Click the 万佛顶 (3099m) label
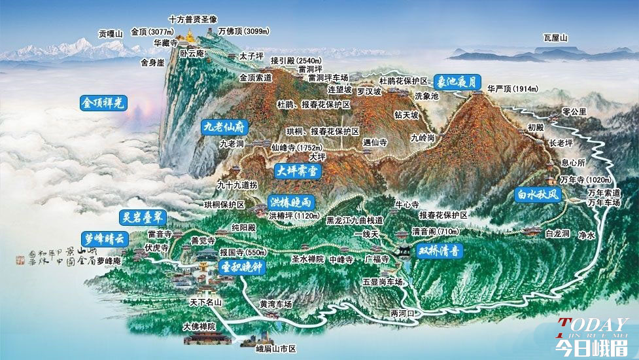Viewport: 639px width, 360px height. coord(243,31)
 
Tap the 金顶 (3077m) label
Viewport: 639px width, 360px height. coord(151,31)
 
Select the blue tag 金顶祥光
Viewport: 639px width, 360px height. coord(105,103)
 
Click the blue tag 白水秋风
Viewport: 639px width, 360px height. coord(538,194)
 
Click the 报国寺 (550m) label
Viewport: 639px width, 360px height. coord(243,251)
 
